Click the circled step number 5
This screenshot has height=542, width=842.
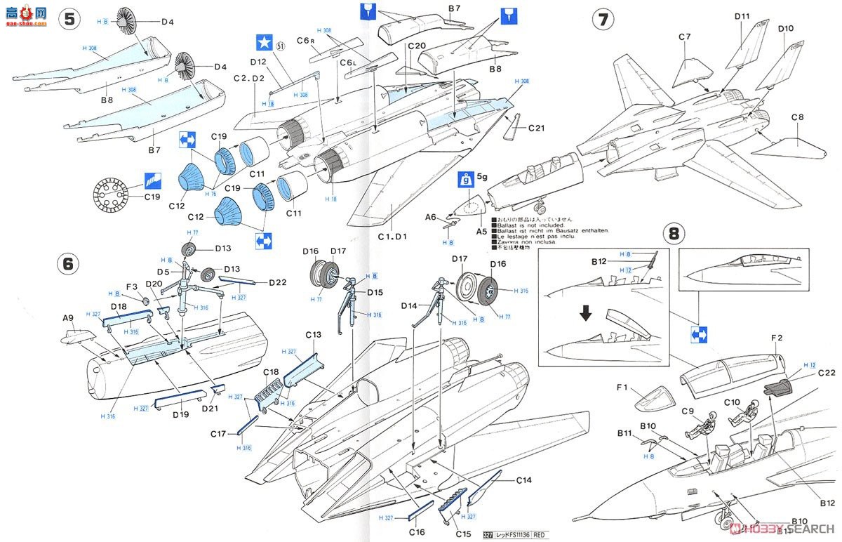(x=68, y=19)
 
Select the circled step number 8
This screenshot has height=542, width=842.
(x=674, y=232)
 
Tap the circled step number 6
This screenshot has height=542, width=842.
(x=68, y=263)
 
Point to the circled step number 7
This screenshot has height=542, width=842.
(x=603, y=19)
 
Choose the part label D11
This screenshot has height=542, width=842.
(x=743, y=15)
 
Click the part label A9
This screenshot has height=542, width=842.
(x=68, y=318)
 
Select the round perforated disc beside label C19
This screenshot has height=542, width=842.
(x=113, y=196)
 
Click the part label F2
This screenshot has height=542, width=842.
(x=776, y=338)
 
